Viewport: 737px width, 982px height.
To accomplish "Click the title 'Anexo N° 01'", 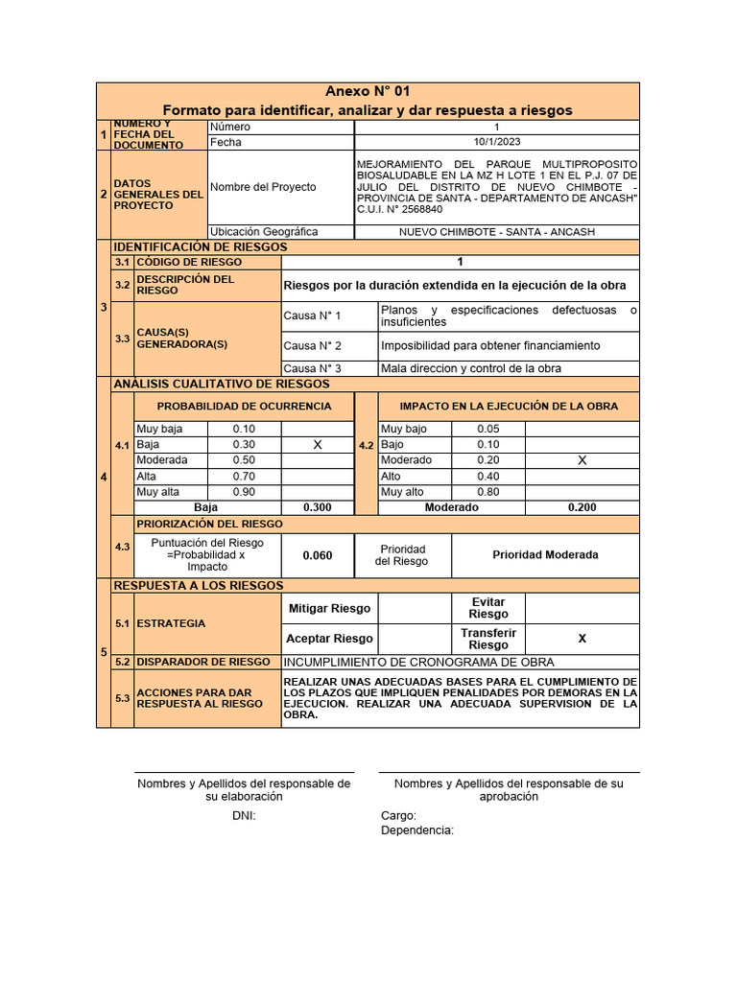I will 368,92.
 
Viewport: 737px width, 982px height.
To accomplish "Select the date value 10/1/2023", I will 496,143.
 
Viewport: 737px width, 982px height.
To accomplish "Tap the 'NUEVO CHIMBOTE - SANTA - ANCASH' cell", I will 496,232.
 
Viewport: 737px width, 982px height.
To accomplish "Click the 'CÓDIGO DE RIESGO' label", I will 190,262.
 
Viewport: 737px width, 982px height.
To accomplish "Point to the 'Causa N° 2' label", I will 313,345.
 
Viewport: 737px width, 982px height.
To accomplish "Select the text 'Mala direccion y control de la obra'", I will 471,368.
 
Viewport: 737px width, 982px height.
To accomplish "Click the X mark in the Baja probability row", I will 318,445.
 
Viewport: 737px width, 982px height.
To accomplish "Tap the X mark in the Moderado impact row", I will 582,460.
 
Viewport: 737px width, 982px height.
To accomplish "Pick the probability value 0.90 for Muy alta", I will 244,492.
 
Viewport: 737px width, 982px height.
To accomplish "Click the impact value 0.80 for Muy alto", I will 488,492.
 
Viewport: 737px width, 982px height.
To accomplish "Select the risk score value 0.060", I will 318,555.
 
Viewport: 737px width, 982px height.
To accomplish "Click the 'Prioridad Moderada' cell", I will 545,555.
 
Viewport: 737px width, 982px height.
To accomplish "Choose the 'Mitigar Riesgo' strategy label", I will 329,609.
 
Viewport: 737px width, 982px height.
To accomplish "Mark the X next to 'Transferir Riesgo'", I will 582,639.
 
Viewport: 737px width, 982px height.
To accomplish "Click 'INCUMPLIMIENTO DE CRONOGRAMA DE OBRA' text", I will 418,663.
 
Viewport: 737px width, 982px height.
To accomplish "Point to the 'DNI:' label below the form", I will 244,816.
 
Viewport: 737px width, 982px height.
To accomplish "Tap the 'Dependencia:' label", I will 417,830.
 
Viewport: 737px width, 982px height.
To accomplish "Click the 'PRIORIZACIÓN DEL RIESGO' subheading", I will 210,525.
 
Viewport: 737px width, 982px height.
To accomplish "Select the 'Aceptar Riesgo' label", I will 329,639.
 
